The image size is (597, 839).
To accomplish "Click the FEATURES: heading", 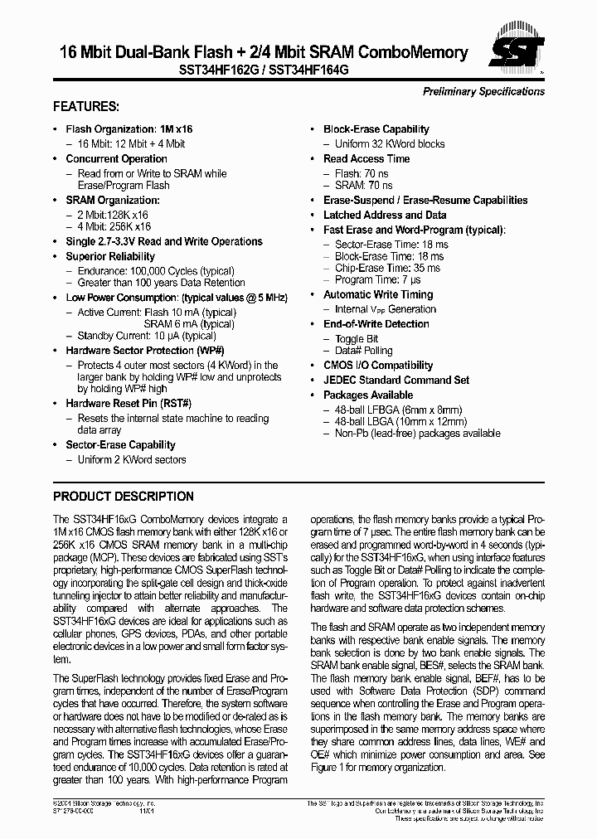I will [x=86, y=107].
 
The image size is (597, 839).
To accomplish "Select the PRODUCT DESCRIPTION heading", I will [x=124, y=497].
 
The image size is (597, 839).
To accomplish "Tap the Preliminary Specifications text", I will [x=483, y=91].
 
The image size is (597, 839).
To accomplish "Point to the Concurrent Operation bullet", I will [x=116, y=158].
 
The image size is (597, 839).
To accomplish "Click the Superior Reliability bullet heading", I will [x=110, y=256].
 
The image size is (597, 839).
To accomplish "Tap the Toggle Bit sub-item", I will [x=356, y=339].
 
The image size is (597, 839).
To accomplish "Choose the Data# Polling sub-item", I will [x=363, y=351].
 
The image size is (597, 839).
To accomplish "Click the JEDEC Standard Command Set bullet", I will [x=396, y=380].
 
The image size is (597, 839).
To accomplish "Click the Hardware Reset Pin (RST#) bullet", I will [x=129, y=403].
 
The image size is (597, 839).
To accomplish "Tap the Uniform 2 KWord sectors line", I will [x=132, y=459].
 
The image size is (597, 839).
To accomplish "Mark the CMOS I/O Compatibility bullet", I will [x=377, y=365].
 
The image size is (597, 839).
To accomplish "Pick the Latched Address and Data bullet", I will [x=385, y=215].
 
